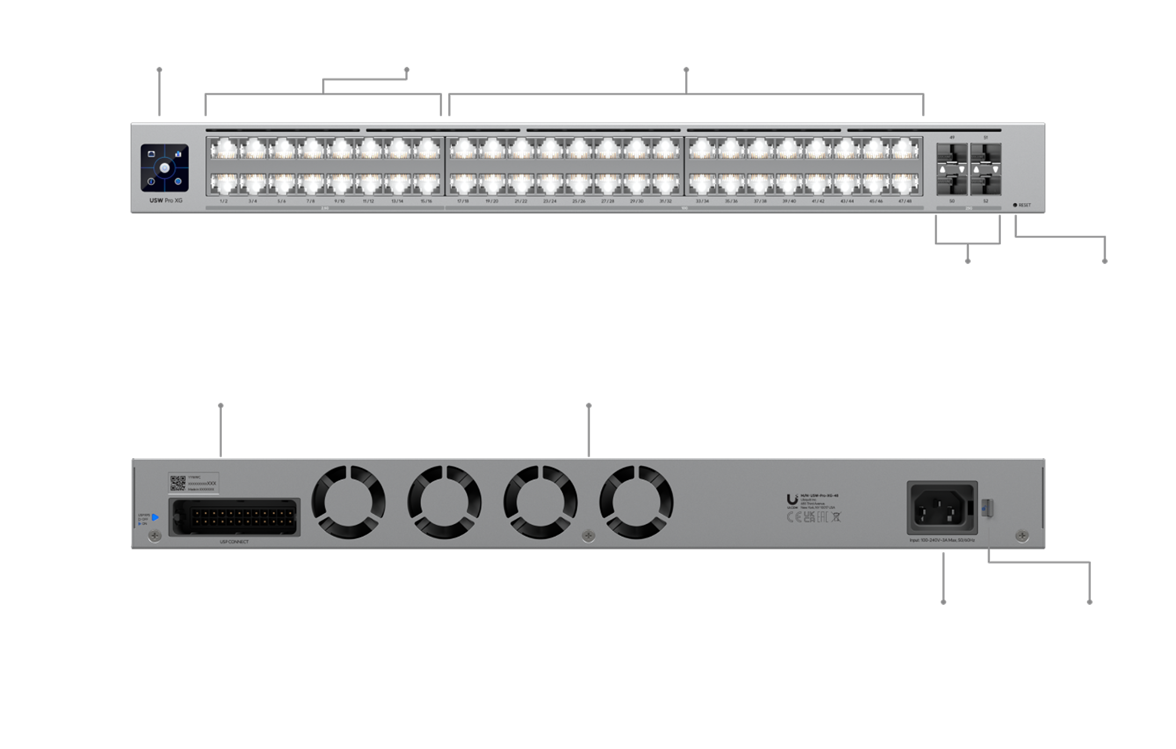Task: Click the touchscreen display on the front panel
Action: [165, 168]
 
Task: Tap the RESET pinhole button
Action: [1015, 205]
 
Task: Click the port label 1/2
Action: [223, 201]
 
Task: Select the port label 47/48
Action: [905, 201]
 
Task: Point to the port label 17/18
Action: [463, 201]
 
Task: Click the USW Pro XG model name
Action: [165, 201]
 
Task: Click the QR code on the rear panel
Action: [178, 483]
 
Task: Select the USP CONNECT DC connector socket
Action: [235, 517]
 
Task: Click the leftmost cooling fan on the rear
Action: [349, 503]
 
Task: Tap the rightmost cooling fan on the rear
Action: [636, 503]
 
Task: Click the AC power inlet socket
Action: [942, 508]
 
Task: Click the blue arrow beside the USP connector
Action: [155, 517]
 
